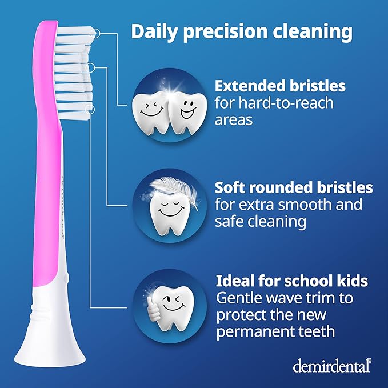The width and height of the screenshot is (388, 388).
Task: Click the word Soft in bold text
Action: (x=229, y=187)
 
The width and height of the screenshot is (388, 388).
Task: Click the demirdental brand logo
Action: (x=332, y=366)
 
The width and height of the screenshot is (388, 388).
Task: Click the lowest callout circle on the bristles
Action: (x=89, y=108)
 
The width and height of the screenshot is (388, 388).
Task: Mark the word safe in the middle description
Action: (x=229, y=221)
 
